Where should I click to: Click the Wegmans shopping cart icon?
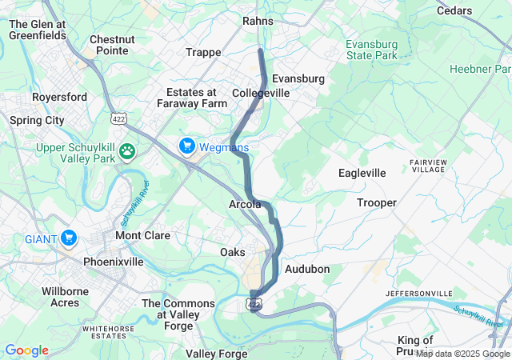[187, 145]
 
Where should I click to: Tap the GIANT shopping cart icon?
[69, 238]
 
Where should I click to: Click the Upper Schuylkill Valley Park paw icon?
[126, 150]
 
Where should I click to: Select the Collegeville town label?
[261, 94]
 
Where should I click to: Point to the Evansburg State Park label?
[371, 50]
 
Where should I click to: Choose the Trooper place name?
[376, 202]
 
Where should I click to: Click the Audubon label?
[307, 269]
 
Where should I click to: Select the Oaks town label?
[233, 252]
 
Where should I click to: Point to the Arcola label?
[245, 205]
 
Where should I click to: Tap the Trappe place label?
[203, 52]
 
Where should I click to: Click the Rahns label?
[258, 21]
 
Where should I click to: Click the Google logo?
[26, 350]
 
